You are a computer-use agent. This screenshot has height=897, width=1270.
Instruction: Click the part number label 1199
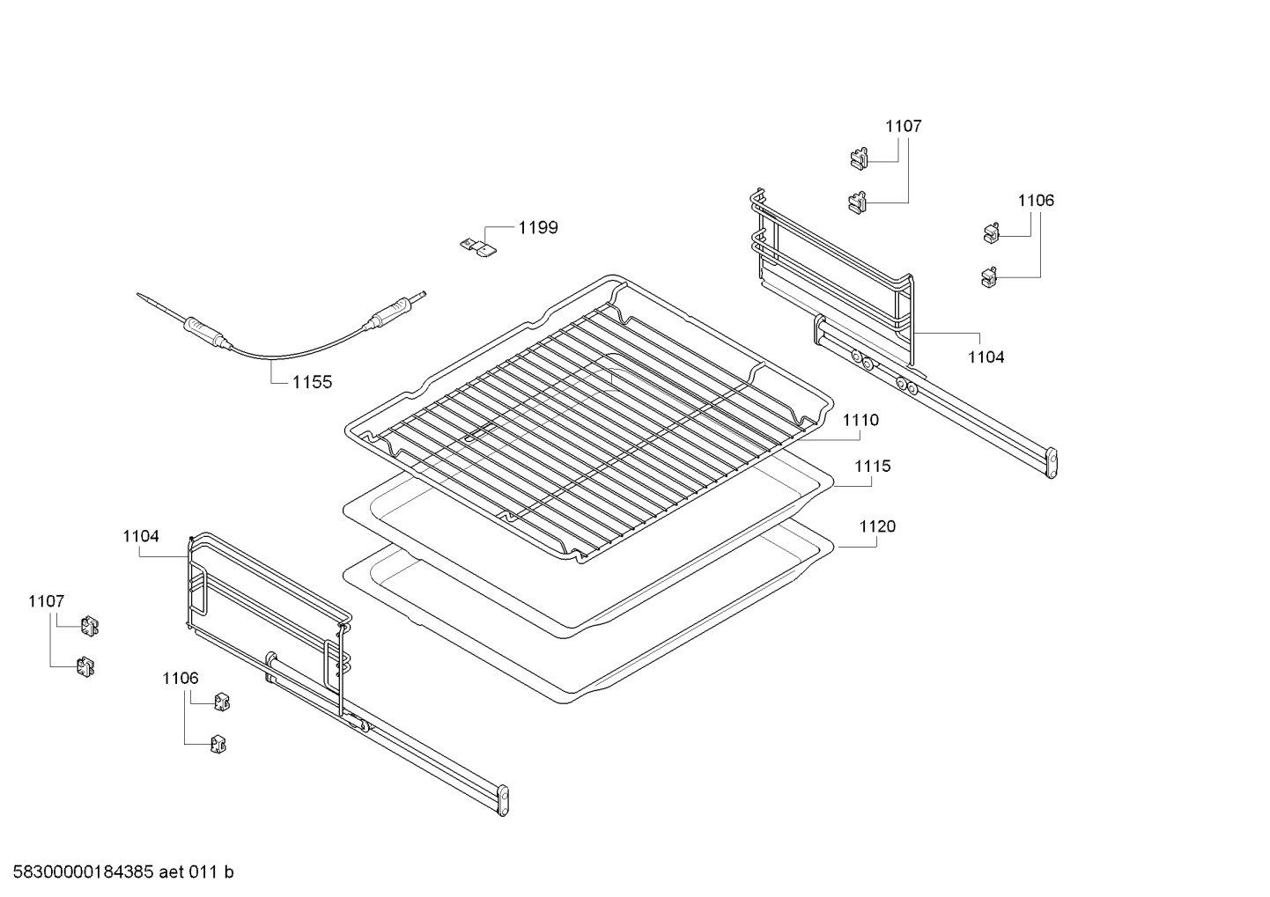coord(537,228)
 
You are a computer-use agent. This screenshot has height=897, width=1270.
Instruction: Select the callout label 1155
coord(313,382)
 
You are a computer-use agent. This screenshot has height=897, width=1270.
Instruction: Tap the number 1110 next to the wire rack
coord(860,421)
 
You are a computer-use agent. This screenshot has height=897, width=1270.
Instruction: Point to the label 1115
coord(872,467)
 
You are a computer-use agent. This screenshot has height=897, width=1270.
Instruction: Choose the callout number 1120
coord(877,526)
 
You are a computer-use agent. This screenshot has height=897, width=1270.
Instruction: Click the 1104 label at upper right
coord(986,357)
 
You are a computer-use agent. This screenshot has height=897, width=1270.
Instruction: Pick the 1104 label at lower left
coord(141,536)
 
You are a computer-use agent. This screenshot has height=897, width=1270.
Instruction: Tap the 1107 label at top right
coord(903,127)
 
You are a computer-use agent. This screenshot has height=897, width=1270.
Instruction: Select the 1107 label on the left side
coord(46,601)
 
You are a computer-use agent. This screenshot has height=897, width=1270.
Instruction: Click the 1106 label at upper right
coord(1036,201)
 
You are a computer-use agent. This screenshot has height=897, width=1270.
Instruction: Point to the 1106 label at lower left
coord(180,679)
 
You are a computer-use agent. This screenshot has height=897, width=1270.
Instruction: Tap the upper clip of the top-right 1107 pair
coord(858,158)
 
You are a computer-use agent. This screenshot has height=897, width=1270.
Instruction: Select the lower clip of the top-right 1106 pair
coord(987,276)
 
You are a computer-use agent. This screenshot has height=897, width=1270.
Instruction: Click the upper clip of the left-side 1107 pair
coord(88,625)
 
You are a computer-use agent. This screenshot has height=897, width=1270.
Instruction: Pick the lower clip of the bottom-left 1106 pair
coord(217,745)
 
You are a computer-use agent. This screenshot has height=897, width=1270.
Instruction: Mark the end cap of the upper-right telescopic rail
coord(1051,463)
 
